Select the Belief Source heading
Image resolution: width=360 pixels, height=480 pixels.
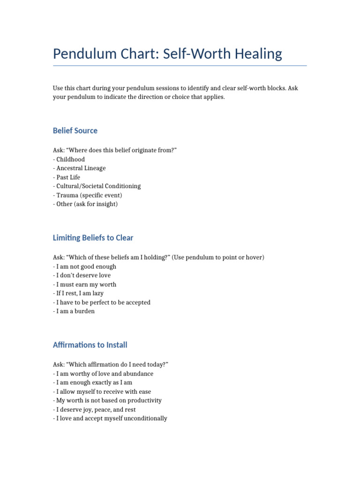(75, 130)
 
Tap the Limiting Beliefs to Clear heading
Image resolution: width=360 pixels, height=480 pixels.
(93, 238)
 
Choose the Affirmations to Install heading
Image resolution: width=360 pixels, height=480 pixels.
(90, 345)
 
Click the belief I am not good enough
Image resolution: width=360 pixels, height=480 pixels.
(85, 267)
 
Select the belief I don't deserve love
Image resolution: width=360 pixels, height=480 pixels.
(82, 276)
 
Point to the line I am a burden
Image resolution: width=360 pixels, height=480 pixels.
(75, 311)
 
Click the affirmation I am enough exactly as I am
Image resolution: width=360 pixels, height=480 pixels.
(93, 382)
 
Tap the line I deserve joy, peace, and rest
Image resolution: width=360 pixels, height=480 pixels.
(95, 410)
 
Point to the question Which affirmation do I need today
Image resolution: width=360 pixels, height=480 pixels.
(116, 365)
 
